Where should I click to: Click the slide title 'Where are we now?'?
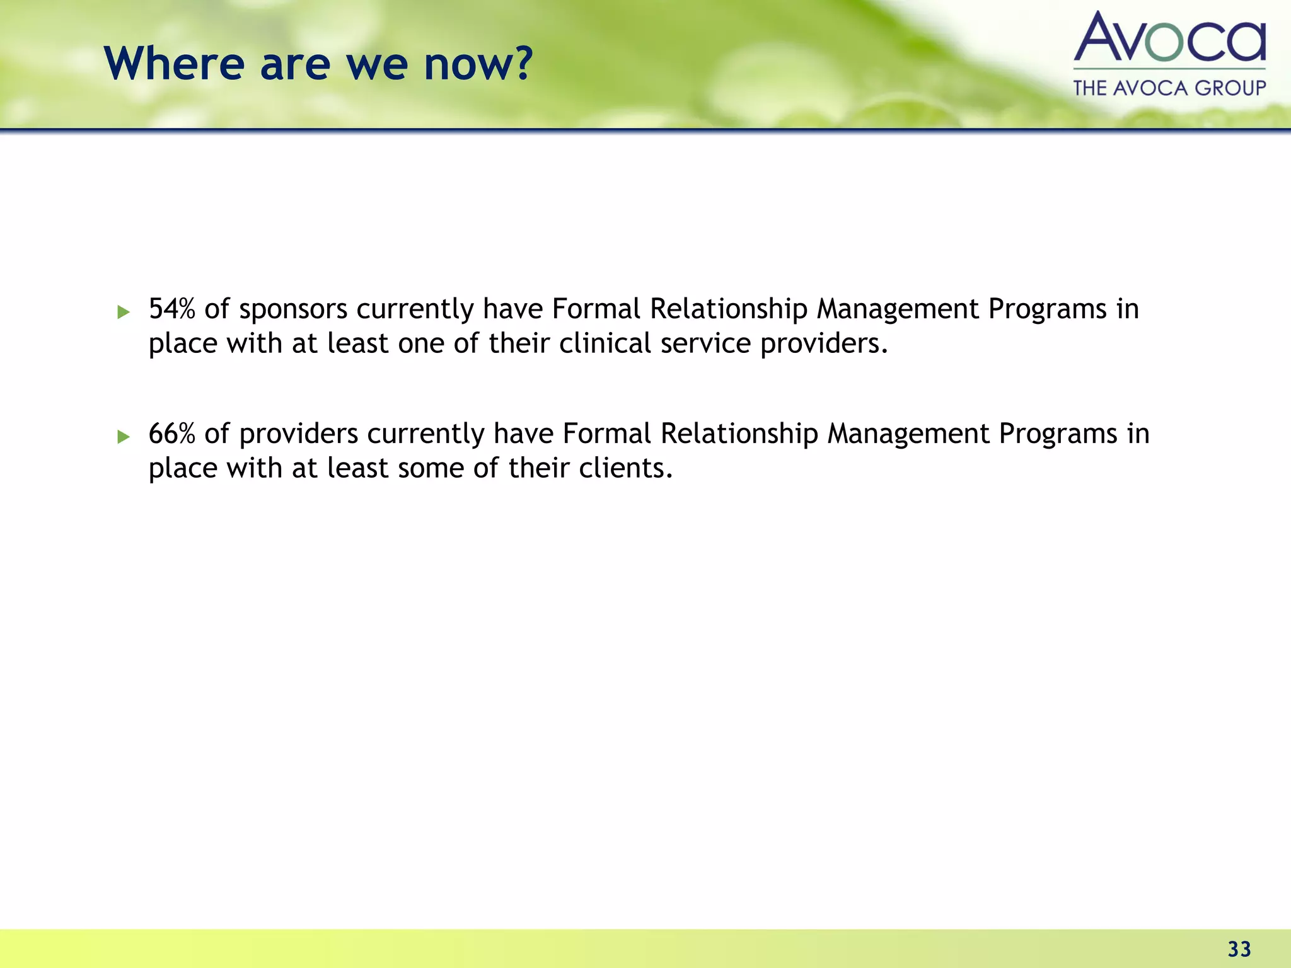[x=318, y=64]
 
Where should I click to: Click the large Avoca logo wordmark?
[x=1169, y=38]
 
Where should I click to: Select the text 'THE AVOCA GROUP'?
[x=1169, y=88]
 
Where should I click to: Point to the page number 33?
[x=1239, y=949]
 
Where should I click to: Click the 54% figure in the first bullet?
[x=171, y=309]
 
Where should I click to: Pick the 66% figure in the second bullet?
[x=171, y=434]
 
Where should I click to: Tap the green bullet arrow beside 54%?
[x=124, y=312]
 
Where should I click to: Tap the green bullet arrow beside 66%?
[x=124, y=437]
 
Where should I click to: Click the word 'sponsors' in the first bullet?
[x=293, y=309]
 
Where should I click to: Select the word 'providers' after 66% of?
[x=299, y=434]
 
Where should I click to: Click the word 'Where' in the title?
[x=174, y=64]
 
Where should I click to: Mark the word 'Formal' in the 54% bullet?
[x=596, y=309]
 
